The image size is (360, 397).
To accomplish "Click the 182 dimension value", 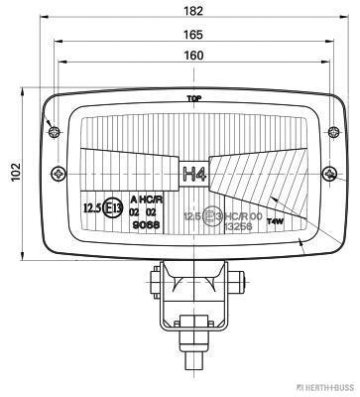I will (194, 11).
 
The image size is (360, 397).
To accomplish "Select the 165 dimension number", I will (194, 34).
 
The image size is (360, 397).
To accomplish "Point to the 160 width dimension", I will (194, 56).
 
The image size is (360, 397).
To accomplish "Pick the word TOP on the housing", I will (194, 99).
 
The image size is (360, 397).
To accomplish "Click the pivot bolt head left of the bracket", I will (158, 275).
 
